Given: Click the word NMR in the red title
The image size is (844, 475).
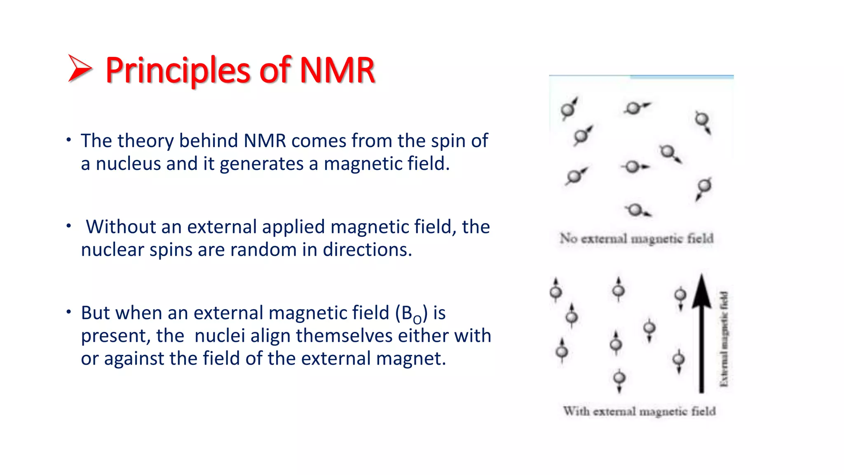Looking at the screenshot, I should [337, 70].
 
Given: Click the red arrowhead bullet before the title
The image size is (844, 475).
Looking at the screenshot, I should [79, 68].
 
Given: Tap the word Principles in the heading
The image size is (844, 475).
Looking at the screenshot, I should [177, 70].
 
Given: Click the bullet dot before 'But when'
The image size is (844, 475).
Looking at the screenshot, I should [69, 312].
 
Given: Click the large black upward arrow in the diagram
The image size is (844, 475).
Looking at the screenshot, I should [701, 334].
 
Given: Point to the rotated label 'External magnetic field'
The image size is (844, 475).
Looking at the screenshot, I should [724, 339].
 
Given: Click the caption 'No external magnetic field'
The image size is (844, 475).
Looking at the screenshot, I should [636, 238].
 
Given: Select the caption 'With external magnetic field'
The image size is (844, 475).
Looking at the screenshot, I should [639, 411].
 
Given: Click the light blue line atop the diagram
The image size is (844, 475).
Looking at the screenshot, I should [682, 77].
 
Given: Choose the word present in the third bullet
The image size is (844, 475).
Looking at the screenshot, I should [115, 336].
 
